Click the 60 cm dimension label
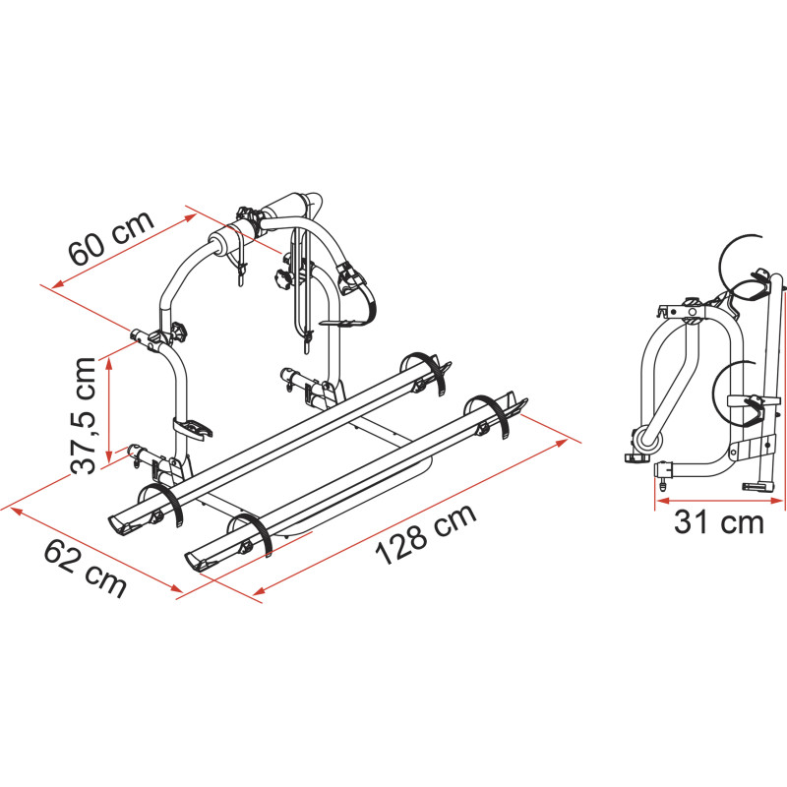pyautogui.click(x=111, y=238)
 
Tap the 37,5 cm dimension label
pyautogui.click(x=84, y=415)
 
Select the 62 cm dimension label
pyautogui.click(x=86, y=570)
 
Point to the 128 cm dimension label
pyautogui.click(x=426, y=533)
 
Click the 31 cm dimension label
pyautogui.click(x=719, y=521)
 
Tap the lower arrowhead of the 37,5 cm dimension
pyautogui.click(x=108, y=455)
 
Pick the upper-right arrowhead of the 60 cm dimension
pyautogui.click(x=190, y=217)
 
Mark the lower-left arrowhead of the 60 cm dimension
pyautogui.click(x=59, y=283)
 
